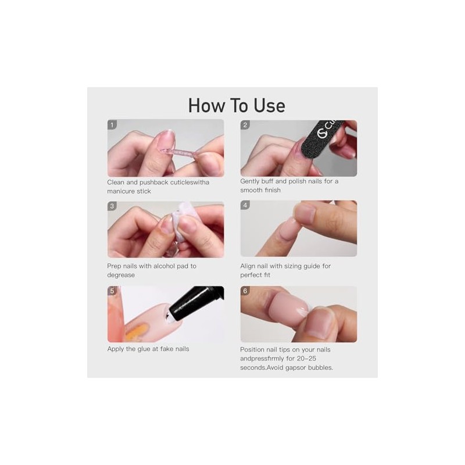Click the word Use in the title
[x=270, y=106]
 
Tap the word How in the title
[x=207, y=106]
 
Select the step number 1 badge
[x=112, y=125]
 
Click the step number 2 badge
[x=245, y=125]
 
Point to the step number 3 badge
[x=112, y=206]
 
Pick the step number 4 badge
[x=245, y=205]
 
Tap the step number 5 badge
[x=112, y=291]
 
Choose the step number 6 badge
[x=245, y=291]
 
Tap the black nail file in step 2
[x=322, y=139]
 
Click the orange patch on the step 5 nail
[x=137, y=331]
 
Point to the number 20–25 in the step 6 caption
[x=307, y=359]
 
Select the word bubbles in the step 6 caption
[x=320, y=368]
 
